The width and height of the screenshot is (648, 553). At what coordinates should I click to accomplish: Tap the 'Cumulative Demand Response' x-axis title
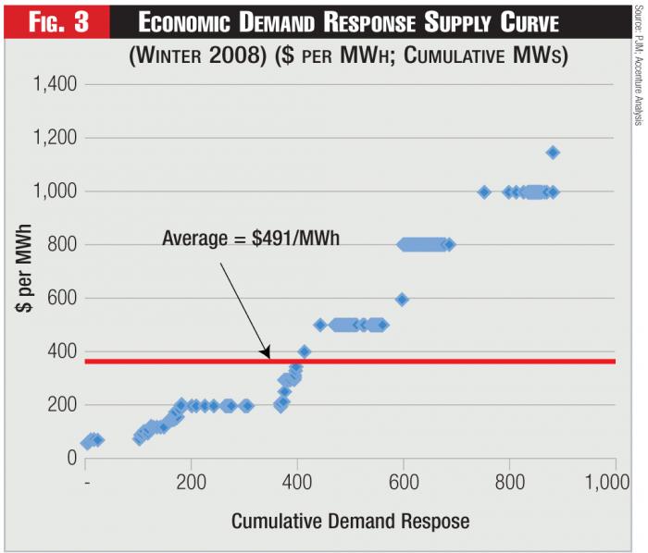[x=350, y=521]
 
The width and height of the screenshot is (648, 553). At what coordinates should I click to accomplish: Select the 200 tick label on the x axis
[x=192, y=485]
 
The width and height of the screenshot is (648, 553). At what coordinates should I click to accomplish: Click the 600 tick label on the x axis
[x=404, y=485]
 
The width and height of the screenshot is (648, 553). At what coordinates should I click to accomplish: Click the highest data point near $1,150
[x=553, y=153]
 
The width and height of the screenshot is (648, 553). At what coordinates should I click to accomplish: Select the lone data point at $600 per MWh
[x=402, y=300]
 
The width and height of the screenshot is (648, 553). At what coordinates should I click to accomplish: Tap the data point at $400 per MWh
[x=304, y=352]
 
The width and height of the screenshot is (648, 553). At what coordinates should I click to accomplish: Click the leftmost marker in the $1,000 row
[x=484, y=192]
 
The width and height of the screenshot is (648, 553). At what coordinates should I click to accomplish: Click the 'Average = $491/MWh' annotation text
[x=251, y=238]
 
